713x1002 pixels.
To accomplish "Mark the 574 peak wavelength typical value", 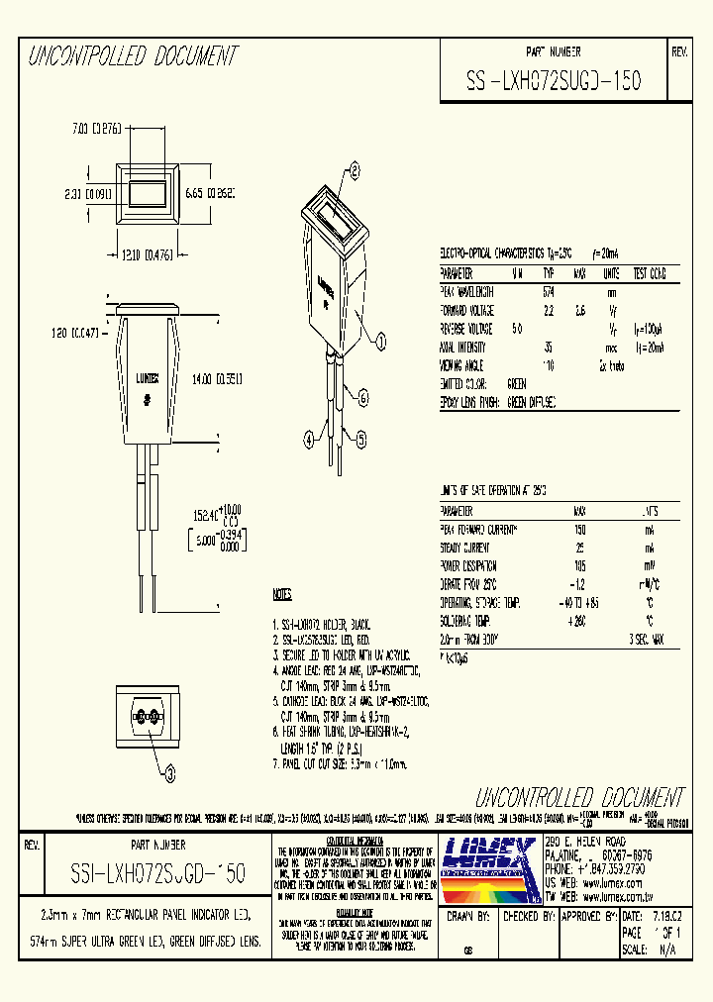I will [549, 292].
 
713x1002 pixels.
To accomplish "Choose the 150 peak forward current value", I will [580, 530].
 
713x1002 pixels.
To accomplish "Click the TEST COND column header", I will [650, 273].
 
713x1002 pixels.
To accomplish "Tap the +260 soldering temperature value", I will [578, 620].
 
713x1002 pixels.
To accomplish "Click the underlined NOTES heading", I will [282, 595].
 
